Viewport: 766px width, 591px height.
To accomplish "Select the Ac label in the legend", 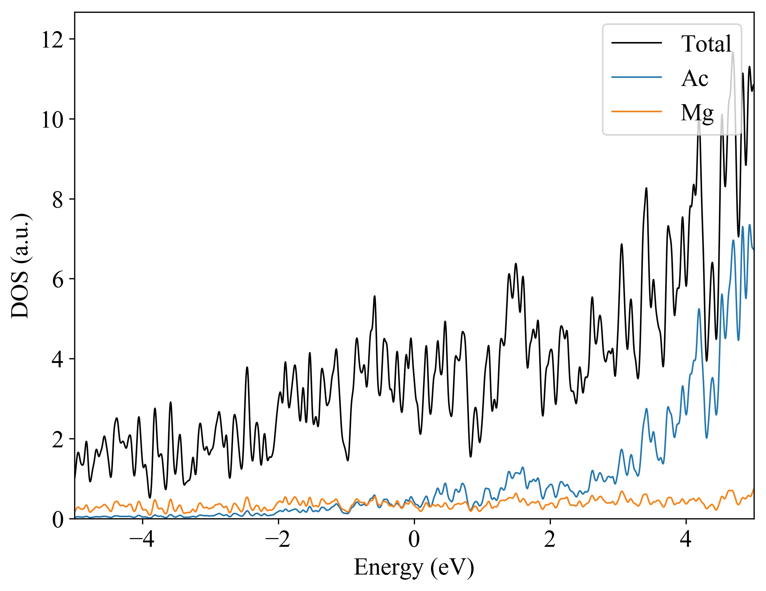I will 694,78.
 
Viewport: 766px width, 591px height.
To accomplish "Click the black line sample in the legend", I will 637,43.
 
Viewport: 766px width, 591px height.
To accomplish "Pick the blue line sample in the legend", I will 637,77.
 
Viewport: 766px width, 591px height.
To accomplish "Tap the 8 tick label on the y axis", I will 57,200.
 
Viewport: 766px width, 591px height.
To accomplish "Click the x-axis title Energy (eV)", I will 414,568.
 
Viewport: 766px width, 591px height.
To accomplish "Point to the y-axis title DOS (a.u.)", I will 20,266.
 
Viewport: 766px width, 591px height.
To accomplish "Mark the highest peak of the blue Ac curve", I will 750,225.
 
